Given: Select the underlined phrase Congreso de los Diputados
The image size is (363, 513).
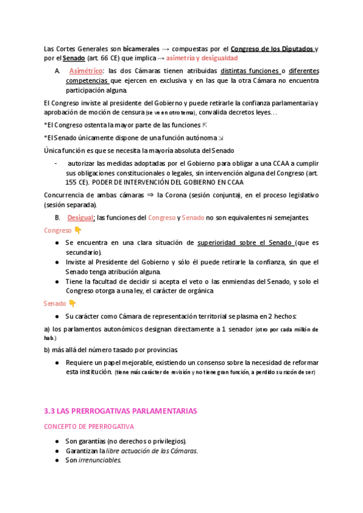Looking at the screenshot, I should pos(273,48).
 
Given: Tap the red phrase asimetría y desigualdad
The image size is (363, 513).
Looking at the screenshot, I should pos(201,58).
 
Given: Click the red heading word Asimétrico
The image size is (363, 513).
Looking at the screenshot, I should pos(86,71).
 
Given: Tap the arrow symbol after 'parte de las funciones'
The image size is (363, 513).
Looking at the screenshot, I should pos(204,125).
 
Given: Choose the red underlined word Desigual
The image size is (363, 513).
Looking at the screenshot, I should pos(81,217).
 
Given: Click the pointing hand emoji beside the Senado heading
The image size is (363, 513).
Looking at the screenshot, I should pos(73,303).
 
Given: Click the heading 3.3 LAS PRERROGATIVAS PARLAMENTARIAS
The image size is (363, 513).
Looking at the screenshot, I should pos(121,411).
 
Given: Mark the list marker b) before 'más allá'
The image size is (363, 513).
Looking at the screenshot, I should pos(47,350).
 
